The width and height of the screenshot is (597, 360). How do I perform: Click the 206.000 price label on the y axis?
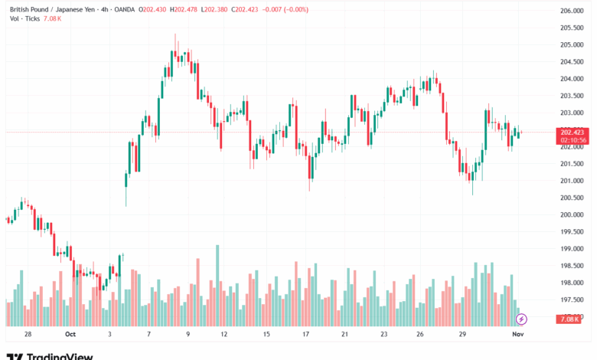click(573, 11)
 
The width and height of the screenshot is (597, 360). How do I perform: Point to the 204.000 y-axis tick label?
click(573, 79)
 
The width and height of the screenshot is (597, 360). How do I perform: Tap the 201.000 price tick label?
click(573, 181)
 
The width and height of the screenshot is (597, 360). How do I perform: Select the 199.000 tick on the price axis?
click(573, 249)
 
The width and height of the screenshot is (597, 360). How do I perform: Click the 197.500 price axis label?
click(573, 300)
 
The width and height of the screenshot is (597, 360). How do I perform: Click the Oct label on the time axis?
click(71, 335)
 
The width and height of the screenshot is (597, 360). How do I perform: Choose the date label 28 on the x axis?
click(28, 335)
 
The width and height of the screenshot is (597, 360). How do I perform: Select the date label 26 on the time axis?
click(420, 335)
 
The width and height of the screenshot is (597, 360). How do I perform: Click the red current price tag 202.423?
click(573, 132)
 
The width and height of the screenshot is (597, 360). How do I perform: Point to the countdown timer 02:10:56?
click(573, 140)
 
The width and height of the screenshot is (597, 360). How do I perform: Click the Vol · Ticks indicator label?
click(24, 18)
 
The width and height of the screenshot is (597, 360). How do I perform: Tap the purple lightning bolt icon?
click(521, 319)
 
